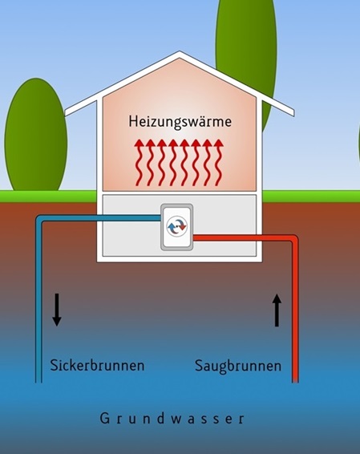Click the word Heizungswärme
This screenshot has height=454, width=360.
coord(180,122)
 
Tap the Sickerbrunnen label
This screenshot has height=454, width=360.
coord(97,365)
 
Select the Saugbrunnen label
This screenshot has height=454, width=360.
coord(238,366)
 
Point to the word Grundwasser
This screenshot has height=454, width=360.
coord(172,419)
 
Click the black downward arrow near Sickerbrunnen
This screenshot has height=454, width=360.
coord(57,310)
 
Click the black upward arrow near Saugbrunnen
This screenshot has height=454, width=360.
coord(277,310)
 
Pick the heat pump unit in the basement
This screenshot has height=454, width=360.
coord(177,227)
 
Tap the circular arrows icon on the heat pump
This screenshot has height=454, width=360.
coord(177,227)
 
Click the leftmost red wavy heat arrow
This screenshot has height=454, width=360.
coord(140,163)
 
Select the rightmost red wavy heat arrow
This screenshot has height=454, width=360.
coord(219,163)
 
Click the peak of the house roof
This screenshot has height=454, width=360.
coord(180,51)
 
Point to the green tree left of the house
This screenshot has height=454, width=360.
coord(36,135)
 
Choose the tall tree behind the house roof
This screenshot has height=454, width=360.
coord(246,58)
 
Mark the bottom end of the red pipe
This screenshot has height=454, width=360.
coord(295,382)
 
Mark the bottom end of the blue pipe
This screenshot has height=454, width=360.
coord(38,382)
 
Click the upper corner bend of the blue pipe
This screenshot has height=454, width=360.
coord(39,219)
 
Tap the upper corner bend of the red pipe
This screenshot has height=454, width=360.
coord(294,238)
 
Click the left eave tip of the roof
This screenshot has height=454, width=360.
coord(66,113)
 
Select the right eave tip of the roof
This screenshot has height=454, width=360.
coord(293,113)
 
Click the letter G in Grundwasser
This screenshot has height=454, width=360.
coord(104,419)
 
